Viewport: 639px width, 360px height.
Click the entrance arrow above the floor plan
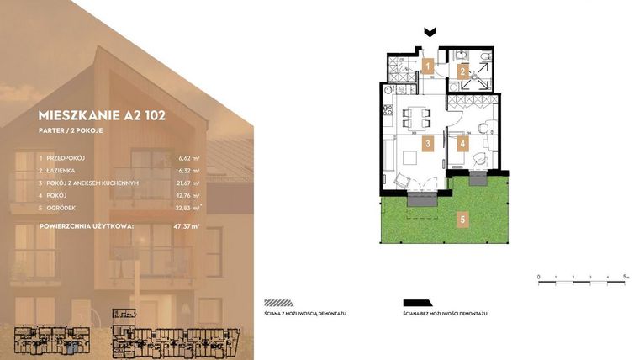point(430,33)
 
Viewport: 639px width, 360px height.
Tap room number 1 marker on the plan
point(428,65)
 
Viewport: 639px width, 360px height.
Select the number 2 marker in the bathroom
point(462,71)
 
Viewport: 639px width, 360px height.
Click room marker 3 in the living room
point(428,144)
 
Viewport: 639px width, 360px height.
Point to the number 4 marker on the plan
point(462,143)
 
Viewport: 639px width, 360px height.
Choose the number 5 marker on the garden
point(462,220)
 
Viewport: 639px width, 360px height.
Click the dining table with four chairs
point(415,115)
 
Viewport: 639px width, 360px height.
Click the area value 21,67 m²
point(189,183)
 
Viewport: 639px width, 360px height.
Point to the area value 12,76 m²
point(189,195)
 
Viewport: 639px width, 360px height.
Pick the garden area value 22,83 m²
point(189,208)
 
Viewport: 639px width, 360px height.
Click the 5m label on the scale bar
point(626,275)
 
